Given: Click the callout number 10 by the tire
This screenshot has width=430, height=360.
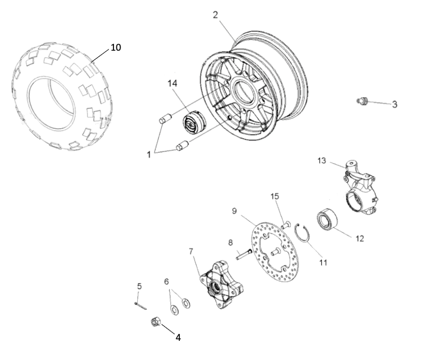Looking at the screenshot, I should [116, 47].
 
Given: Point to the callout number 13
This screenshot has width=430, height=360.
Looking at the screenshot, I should [322, 160].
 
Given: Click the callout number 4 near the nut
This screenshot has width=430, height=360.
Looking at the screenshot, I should [177, 337].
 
